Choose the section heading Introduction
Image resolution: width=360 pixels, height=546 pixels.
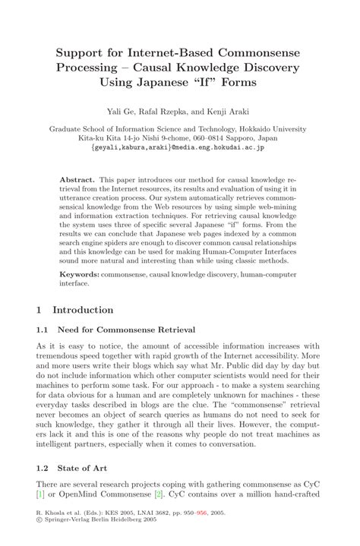(x=83, y=310)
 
